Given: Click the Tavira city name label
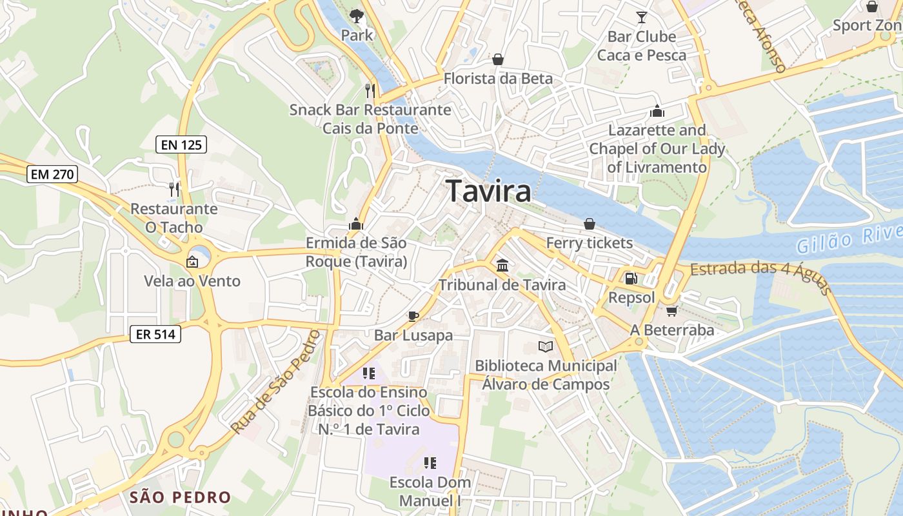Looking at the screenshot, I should click(x=489, y=191).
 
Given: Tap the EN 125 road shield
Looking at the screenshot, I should click(x=181, y=144).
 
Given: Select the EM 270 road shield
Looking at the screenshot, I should click(x=52, y=174).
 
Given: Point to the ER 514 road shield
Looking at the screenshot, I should click(x=155, y=334).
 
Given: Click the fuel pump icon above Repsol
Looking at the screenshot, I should click(x=631, y=279).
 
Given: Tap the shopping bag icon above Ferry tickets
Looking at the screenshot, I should click(x=590, y=224).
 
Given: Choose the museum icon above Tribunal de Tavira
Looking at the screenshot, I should click(x=502, y=265).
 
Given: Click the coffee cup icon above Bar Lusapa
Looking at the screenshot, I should click(x=413, y=316).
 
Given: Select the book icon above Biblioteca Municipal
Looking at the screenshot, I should click(x=546, y=346).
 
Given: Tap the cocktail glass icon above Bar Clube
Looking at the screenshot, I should click(x=641, y=17).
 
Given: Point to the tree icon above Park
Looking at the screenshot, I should click(x=357, y=15).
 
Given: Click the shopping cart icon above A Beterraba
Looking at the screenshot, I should click(x=671, y=311).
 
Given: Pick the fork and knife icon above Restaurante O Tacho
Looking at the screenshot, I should click(x=174, y=189).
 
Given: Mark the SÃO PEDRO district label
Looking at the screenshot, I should click(x=180, y=497).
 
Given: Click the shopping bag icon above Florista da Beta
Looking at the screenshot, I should click(x=498, y=59).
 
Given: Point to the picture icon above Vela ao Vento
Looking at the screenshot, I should click(x=192, y=262).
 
